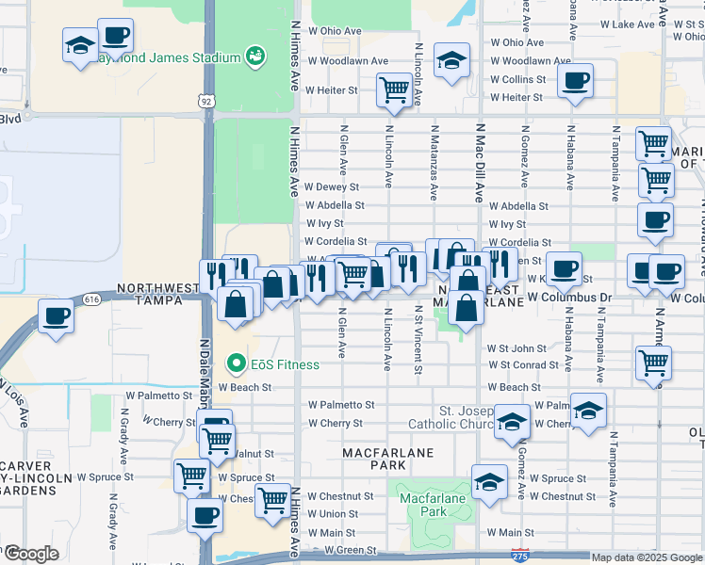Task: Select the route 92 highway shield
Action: (x=205, y=100)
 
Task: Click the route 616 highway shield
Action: (x=90, y=299)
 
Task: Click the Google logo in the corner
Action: (x=31, y=555)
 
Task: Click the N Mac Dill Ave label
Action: (x=479, y=164)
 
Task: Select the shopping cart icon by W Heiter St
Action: (x=393, y=91)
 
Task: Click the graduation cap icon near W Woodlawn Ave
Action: (x=452, y=60)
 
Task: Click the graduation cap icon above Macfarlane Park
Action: (x=489, y=483)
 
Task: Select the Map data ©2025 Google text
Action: (x=647, y=557)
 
